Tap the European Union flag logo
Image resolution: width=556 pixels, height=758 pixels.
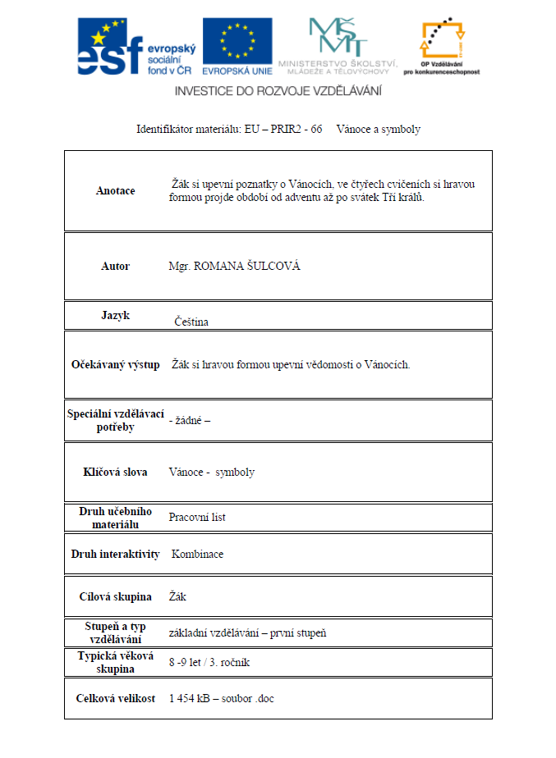[x=237, y=46]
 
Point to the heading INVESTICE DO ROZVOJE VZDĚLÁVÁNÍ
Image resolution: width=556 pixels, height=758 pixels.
[x=278, y=91]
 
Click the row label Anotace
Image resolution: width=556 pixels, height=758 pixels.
[x=115, y=191]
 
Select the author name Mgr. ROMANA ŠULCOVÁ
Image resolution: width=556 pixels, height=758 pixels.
[x=234, y=267]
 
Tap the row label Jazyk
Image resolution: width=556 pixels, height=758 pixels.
[x=115, y=315]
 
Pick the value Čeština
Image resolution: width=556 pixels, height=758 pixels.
[x=191, y=322]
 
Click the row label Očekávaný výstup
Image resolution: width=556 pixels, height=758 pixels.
[x=115, y=364]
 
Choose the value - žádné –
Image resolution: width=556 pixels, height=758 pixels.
[x=190, y=421]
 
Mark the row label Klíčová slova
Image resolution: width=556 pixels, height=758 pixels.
[x=115, y=473]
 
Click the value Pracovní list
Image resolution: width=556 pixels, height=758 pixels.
[x=197, y=518]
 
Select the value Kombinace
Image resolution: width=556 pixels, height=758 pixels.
[x=197, y=555]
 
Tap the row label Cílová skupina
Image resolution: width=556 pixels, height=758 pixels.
[x=115, y=596]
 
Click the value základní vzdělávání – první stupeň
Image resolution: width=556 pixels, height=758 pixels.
[x=247, y=633]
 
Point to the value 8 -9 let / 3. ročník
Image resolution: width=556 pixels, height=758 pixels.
[x=214, y=661]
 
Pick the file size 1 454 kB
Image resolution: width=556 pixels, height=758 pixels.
[x=190, y=699]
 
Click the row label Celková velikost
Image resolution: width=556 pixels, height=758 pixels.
[x=115, y=699]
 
